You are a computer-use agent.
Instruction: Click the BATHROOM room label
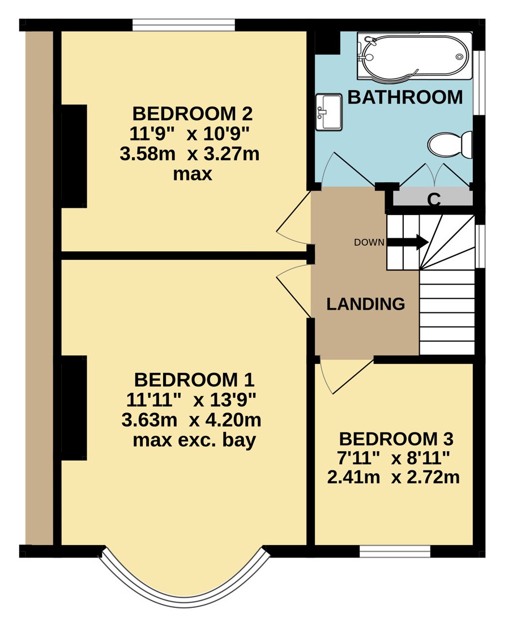[405, 97]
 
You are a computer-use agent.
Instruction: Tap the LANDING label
[366, 304]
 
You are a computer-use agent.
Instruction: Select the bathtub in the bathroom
[415, 55]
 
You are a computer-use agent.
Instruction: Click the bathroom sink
[328, 112]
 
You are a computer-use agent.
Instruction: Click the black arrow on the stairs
[407, 242]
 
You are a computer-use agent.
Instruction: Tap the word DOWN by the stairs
[369, 242]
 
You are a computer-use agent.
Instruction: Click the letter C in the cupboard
[434, 199]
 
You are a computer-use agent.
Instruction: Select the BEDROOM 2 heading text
[193, 114]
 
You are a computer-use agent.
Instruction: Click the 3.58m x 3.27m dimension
[190, 154]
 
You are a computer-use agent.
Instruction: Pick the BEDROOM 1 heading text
[194, 380]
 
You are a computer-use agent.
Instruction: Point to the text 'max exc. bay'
[194, 440]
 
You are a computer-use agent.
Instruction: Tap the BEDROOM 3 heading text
[396, 439]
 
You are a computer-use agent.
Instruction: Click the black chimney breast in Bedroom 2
[74, 156]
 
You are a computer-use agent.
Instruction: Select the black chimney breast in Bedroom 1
[74, 408]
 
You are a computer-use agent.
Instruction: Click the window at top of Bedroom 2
[184, 25]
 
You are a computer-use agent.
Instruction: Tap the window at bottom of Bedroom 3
[395, 551]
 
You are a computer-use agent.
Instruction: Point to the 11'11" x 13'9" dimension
[191, 400]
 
